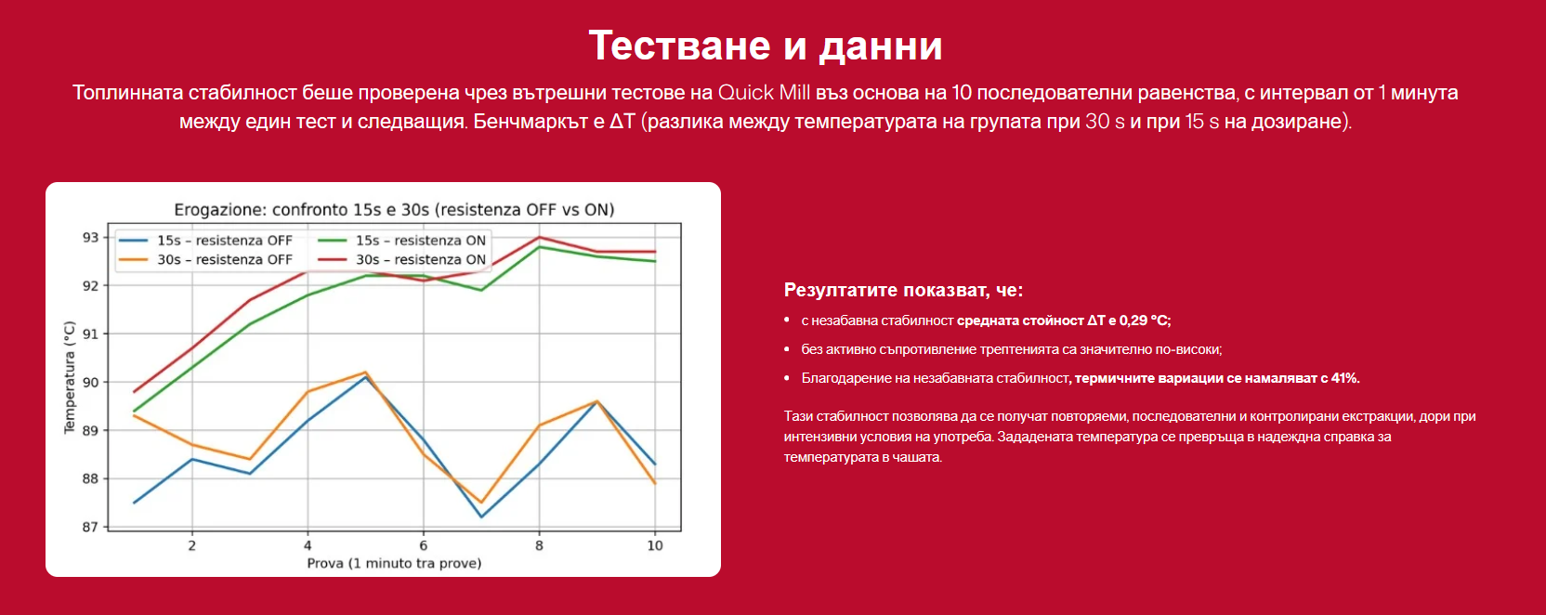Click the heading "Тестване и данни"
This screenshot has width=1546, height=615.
tap(766, 46)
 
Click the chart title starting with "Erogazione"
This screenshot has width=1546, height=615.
tap(394, 210)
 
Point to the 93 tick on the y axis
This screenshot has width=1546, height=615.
tap(91, 238)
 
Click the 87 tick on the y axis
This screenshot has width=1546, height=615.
tap(91, 528)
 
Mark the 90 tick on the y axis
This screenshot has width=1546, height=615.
tap(91, 383)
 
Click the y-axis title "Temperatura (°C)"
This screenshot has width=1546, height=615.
tap(69, 377)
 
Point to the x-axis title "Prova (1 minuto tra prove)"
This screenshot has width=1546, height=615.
tap(394, 563)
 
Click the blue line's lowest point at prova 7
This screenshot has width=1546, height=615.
tap(481, 517)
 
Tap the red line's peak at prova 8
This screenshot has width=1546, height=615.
tap(539, 238)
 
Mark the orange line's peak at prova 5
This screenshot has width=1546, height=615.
tap(366, 373)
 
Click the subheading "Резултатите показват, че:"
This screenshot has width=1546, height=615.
tap(903, 290)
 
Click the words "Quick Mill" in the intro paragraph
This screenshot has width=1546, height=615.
tap(764, 93)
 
